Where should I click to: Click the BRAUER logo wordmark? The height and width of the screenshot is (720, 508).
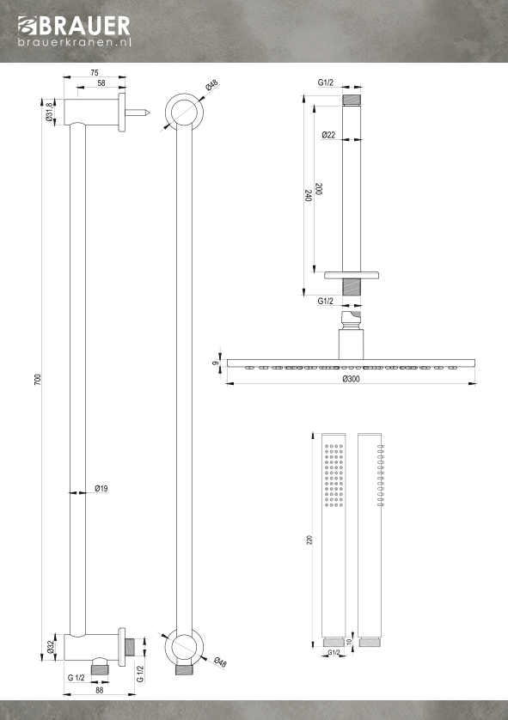click(x=74, y=26)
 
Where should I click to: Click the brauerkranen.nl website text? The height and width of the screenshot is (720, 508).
click(x=75, y=42)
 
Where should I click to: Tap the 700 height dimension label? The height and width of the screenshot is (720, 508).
click(x=38, y=379)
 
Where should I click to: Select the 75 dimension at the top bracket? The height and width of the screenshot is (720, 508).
click(x=95, y=72)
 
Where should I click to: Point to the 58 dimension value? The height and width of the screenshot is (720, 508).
click(x=101, y=83)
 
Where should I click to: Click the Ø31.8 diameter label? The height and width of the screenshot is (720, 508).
click(x=50, y=112)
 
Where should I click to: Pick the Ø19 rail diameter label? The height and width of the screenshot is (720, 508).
click(x=101, y=488)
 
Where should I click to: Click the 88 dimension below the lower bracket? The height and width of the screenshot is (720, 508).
click(x=99, y=690)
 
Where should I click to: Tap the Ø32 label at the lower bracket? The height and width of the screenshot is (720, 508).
click(x=51, y=647)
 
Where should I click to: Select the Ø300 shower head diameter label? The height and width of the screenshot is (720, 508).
click(x=352, y=379)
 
